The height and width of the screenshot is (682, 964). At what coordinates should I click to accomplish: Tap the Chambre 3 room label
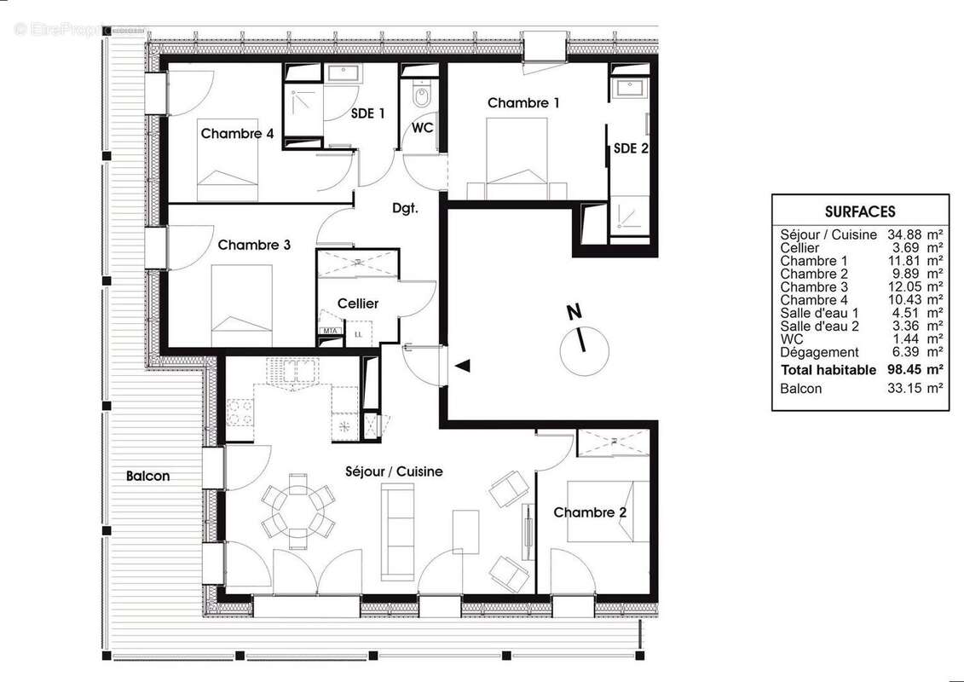254,246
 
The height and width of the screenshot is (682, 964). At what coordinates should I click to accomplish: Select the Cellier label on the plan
358,303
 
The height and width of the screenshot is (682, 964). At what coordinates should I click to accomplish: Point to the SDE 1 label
367,113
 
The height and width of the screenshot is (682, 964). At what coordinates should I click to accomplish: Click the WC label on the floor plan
423,128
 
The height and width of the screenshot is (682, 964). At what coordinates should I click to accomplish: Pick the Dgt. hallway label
405,208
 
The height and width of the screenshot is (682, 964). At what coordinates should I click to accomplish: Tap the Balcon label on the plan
147,477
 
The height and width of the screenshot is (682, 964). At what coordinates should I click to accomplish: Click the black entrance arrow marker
462,366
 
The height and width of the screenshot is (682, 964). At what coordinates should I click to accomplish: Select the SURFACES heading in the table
860,212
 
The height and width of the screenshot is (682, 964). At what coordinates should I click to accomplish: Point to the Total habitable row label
828,370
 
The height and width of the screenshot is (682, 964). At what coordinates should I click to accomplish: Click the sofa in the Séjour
397,531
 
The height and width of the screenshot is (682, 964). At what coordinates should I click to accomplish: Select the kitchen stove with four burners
240,413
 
